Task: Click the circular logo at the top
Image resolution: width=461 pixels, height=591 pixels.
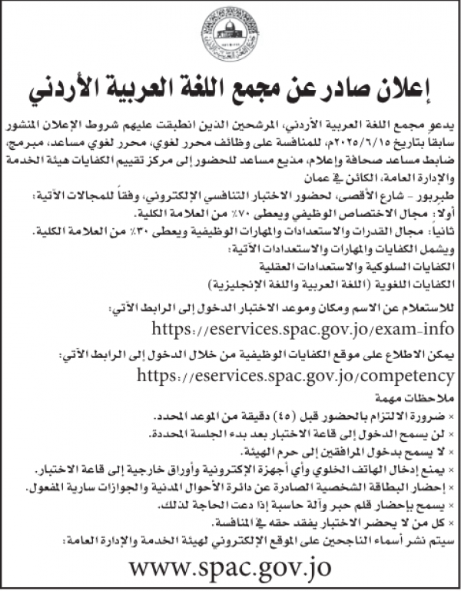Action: [x=230, y=34]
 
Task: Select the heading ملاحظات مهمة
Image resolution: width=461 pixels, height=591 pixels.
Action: [x=418, y=400]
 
